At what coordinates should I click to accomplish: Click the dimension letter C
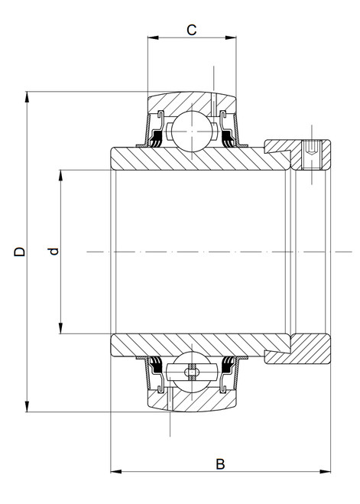point(192,30)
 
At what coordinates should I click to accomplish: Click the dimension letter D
point(21,252)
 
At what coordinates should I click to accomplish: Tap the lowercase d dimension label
point(53,252)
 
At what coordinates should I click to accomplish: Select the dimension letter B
point(220,463)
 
